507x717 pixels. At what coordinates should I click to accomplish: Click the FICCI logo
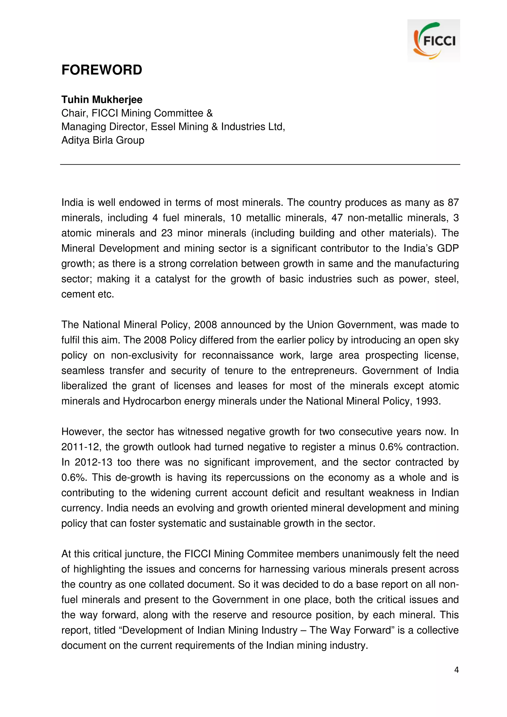tap(433, 41)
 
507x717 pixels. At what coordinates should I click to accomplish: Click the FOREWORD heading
tap(102, 70)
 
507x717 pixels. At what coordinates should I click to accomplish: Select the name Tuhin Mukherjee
tap(102, 100)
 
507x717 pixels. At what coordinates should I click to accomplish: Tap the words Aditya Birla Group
tap(103, 140)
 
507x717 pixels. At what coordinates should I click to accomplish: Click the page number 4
tap(456, 669)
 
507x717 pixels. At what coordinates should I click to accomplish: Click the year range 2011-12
tap(80, 447)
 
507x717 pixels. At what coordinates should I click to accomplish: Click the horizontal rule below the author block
tap(260, 164)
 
